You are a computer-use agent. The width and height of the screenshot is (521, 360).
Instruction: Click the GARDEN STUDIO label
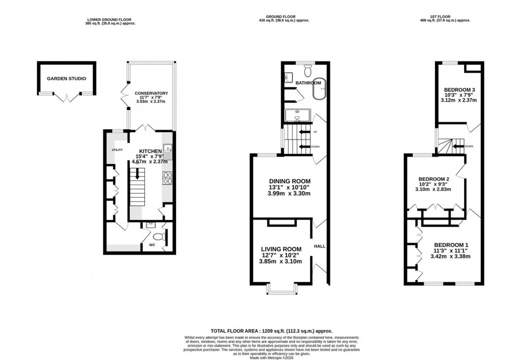(66, 79)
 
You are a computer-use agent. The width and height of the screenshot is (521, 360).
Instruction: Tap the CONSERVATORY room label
(151, 93)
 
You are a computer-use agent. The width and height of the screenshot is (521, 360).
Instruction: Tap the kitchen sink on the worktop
(167, 151)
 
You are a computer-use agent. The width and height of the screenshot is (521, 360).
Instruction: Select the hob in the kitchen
(167, 178)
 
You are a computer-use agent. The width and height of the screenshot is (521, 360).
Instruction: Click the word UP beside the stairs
(315, 132)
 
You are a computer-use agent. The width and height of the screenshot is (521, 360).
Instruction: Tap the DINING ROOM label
(290, 181)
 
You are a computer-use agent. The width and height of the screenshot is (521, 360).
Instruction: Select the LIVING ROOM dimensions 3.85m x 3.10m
(280, 262)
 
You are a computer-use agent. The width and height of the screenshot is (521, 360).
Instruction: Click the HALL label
(320, 246)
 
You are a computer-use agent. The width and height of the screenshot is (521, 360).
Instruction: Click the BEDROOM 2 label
(433, 179)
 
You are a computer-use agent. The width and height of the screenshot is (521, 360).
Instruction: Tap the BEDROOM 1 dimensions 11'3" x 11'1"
(450, 251)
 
